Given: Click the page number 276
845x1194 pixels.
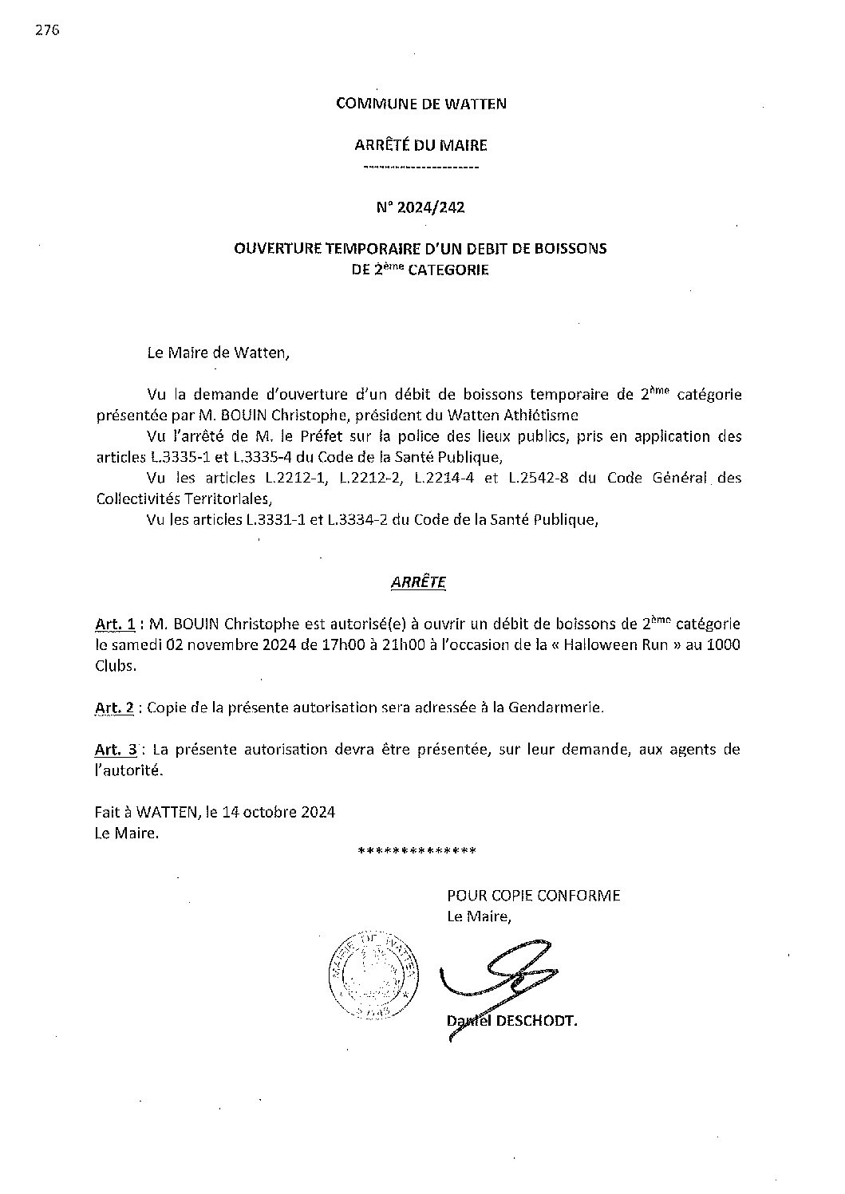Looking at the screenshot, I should pos(48,31).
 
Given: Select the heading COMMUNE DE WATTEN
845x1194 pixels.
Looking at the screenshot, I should pos(421,104).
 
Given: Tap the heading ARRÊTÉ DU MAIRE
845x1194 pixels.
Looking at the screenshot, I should pos(421,145).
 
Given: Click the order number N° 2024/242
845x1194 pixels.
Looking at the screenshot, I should pos(421,207).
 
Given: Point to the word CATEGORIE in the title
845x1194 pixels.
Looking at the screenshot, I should pos(448,270).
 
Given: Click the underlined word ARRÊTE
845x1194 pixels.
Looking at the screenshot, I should pos(419,582).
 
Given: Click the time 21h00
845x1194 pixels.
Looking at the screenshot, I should pos(387,644).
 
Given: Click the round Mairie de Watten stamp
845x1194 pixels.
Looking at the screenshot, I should pos(373,975).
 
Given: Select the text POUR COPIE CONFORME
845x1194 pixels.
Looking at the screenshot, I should pos(533,895).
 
